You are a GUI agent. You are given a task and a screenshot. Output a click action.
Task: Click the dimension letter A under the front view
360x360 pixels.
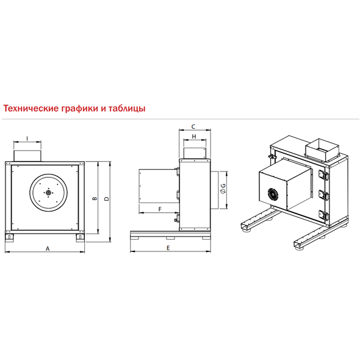(x=48, y=248)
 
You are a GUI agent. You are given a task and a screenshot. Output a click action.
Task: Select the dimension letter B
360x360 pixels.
(x=95, y=198)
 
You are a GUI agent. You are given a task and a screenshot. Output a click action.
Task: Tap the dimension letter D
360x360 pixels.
(x=107, y=198)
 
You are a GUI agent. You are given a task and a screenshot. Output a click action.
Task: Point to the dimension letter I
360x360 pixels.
(x=27, y=139)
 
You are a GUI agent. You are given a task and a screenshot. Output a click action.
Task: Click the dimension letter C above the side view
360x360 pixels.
(x=193, y=126)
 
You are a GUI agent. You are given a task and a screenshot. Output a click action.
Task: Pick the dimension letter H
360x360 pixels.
(x=194, y=137)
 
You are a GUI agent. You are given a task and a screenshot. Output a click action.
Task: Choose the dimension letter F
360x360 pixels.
(x=160, y=209)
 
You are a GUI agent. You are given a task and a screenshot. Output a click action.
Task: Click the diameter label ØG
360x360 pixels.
(x=223, y=189)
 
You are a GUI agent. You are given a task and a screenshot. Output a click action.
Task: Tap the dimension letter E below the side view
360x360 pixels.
(x=168, y=248)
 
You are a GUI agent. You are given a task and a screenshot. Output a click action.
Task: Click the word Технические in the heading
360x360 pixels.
(x=31, y=108)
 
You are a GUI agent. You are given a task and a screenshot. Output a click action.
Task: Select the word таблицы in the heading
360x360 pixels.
(x=127, y=109)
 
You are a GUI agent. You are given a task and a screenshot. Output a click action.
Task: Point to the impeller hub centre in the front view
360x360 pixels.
(x=48, y=192)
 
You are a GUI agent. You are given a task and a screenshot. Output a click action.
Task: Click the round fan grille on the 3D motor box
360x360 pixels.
(x=273, y=195)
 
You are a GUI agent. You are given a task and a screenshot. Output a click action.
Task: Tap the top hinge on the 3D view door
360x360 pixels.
(x=323, y=175)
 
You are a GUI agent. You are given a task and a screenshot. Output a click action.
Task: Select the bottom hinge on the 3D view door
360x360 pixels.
(x=324, y=215)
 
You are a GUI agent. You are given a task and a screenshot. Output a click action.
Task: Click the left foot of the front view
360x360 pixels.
(x=9, y=237)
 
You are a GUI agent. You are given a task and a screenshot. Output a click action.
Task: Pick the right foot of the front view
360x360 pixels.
(x=81, y=237)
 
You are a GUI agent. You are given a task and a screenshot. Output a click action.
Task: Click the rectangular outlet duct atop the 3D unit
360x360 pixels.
(x=322, y=150)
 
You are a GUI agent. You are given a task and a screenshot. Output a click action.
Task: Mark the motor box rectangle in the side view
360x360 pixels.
(x=159, y=186)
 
